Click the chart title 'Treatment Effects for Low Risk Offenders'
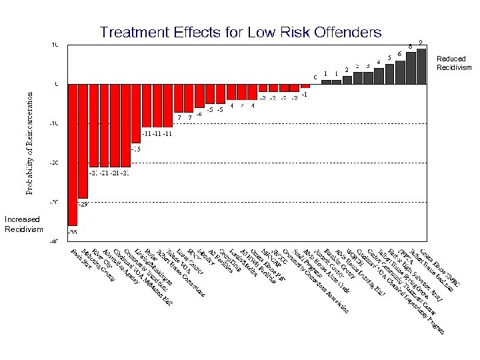tap(240, 32)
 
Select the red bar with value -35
tap(73, 153)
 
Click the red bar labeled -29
tap(83, 140)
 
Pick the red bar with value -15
tap(136, 113)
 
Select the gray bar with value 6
tap(400, 72)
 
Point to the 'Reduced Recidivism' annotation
tap(454, 63)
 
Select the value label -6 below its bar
tap(199, 114)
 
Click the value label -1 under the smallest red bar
tap(305, 94)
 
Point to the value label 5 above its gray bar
tap(389, 58)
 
